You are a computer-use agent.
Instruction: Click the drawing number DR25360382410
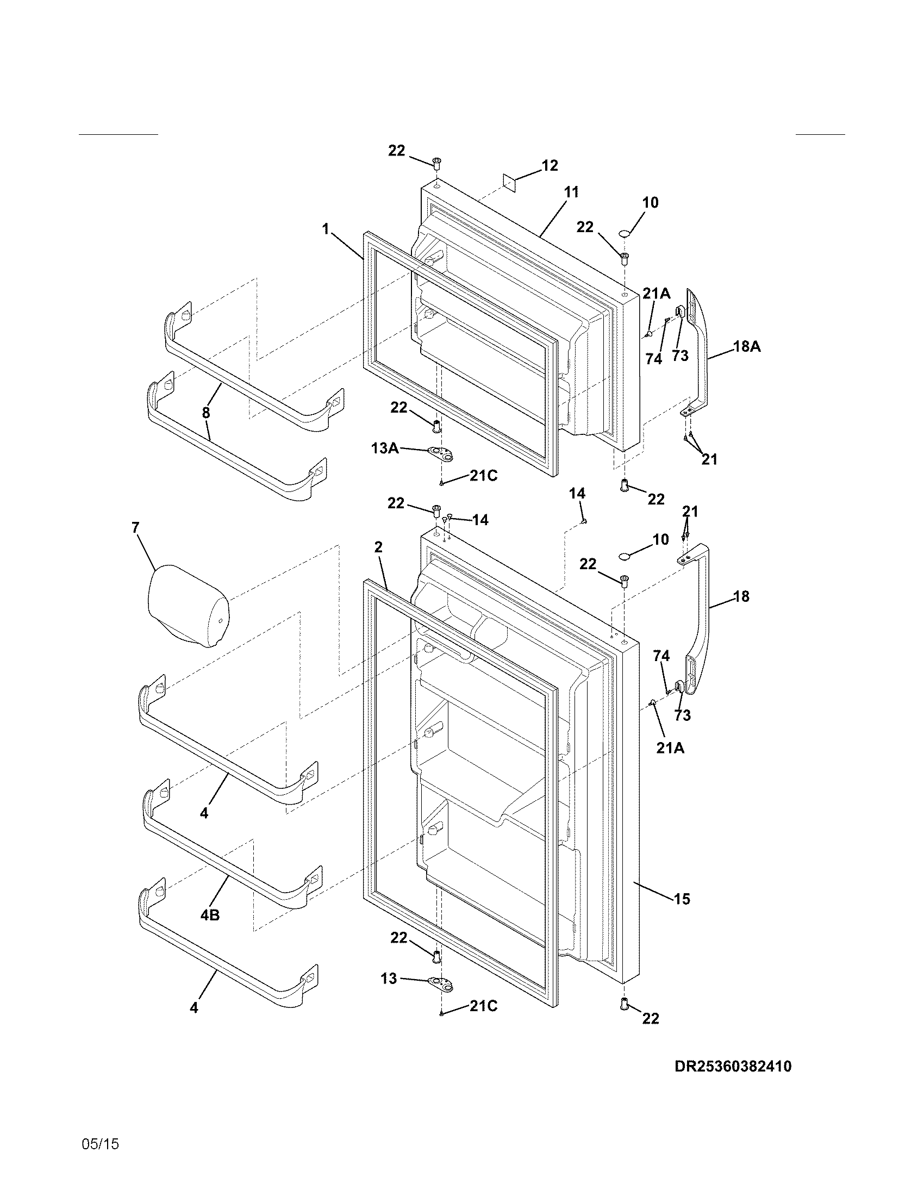coord(733,1066)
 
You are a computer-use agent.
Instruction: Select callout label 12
coord(550,165)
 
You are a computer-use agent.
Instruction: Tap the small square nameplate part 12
coord(510,183)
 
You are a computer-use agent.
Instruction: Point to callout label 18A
coord(747,346)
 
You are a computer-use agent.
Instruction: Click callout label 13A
coord(384,448)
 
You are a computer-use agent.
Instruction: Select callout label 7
coord(135,528)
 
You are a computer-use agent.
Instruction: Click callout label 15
coord(682,899)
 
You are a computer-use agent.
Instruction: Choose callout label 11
coord(571,192)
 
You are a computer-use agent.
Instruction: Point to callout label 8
coord(206,413)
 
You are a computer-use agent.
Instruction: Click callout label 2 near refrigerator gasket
coord(378,547)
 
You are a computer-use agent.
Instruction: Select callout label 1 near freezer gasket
coord(326,228)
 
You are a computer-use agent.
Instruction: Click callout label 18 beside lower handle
coord(741,596)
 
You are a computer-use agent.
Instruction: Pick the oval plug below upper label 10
coord(625,234)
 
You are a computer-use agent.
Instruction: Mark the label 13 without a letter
coord(389,978)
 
